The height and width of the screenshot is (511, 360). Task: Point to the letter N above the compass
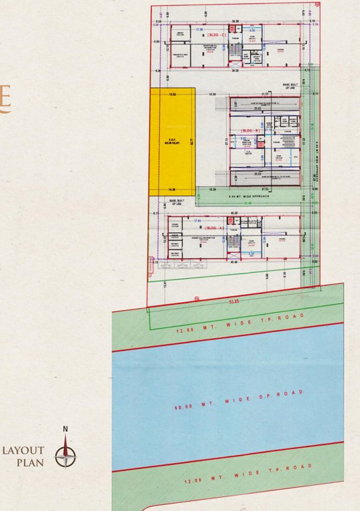65,429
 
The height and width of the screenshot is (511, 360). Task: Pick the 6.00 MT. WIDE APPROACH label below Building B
247,198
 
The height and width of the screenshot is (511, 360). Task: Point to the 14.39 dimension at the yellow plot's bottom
172,190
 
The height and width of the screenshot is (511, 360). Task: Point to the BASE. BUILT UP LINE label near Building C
291,86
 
